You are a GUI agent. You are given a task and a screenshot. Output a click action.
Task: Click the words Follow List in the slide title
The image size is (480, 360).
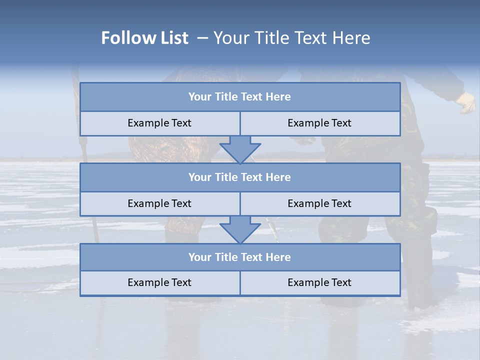pos(145,38)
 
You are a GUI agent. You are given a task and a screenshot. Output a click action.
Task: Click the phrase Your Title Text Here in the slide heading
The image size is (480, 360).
pos(292,38)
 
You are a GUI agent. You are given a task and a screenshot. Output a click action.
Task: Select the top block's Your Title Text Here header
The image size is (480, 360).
pos(239,97)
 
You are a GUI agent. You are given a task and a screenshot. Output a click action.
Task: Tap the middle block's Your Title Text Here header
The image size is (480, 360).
pos(239,177)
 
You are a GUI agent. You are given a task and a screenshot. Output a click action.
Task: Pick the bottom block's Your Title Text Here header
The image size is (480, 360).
pos(239,257)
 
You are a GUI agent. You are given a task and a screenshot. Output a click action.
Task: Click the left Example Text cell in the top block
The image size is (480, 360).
pos(159,123)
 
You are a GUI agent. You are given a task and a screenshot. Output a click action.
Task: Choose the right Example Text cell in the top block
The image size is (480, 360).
pos(319,123)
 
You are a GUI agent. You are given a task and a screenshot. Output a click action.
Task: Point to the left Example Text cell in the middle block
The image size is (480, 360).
pos(159,203)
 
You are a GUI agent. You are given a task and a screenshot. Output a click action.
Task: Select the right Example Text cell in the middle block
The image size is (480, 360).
pos(319,203)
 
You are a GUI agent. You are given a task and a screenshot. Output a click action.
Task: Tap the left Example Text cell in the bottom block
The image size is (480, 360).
pos(159,282)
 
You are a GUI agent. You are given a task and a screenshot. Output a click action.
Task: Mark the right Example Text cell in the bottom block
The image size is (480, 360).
pos(319,282)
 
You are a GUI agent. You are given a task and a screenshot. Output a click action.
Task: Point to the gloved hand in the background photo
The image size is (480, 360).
pos(466,103)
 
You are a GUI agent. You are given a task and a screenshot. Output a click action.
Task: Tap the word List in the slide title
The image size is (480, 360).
pos(172,38)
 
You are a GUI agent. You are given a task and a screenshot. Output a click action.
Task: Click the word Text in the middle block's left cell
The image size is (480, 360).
pos(181,203)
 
